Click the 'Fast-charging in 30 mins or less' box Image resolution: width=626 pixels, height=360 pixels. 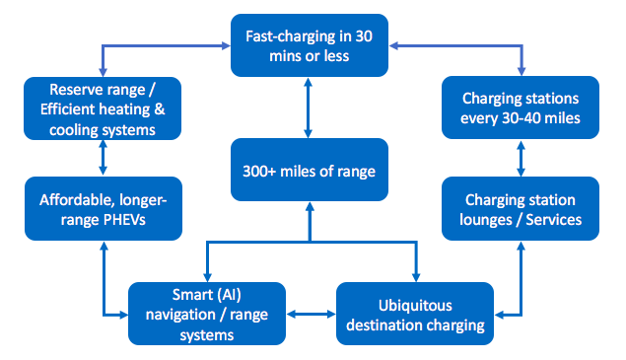(310, 45)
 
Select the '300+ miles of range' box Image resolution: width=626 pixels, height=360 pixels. (310, 169)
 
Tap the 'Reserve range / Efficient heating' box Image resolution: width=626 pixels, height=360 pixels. (103, 108)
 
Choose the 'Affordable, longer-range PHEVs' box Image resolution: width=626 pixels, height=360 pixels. (103, 208)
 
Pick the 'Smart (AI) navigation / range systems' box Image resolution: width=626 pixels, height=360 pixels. (207, 314)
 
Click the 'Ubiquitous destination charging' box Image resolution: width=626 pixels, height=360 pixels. (414, 314)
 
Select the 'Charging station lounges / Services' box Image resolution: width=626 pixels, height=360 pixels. (521, 208)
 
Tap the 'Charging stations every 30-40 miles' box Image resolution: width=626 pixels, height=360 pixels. (521, 108)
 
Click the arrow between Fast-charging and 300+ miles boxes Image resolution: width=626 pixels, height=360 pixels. (310, 108)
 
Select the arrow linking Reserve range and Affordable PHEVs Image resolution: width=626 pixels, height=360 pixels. (103, 158)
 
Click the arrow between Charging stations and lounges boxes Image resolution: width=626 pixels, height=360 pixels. (521, 158)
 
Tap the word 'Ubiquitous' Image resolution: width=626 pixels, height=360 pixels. (414, 303)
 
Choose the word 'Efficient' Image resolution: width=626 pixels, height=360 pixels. (68, 108)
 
